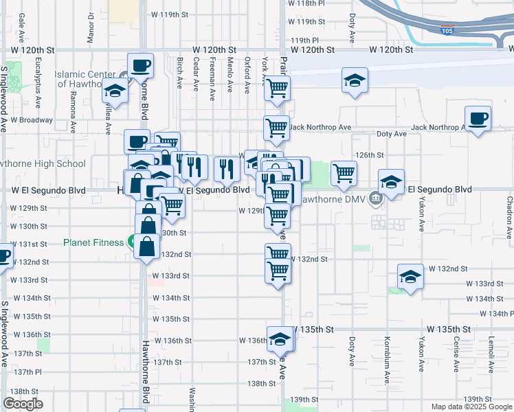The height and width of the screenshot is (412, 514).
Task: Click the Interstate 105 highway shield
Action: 447,30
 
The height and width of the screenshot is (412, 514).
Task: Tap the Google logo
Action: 23,404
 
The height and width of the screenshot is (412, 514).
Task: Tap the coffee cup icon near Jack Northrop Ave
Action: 478,119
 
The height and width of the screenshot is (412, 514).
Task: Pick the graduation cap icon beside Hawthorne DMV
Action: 391,182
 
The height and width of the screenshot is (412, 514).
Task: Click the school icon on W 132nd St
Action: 410,276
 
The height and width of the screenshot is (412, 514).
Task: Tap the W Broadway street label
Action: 31,119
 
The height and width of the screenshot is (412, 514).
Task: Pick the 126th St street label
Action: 368,155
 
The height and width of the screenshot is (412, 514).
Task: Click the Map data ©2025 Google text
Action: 471,407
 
